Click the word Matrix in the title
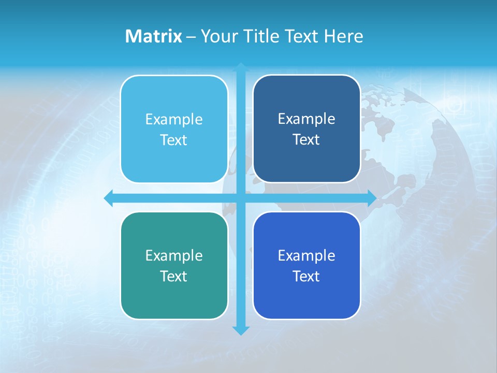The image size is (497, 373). [x=154, y=36]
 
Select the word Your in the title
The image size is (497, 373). [x=220, y=36]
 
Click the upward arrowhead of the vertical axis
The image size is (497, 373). [x=241, y=67]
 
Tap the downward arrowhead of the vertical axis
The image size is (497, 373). [x=241, y=330]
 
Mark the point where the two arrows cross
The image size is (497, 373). [x=241, y=198]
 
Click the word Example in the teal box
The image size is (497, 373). [x=174, y=256]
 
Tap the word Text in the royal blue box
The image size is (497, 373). [x=306, y=277]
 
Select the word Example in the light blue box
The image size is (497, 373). [x=174, y=120]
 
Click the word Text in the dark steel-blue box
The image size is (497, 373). [x=306, y=140]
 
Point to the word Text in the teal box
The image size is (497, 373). [x=174, y=277]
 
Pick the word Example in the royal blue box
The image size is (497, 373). [x=306, y=256]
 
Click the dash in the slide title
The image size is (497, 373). [x=191, y=37]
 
